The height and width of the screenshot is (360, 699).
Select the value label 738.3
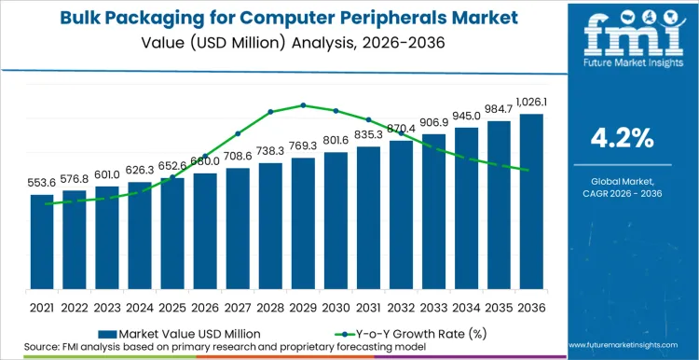[270, 151]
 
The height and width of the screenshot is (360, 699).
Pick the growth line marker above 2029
[304, 105]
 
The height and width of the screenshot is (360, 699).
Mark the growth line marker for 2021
[42, 203]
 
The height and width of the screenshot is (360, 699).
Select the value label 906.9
[434, 122]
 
